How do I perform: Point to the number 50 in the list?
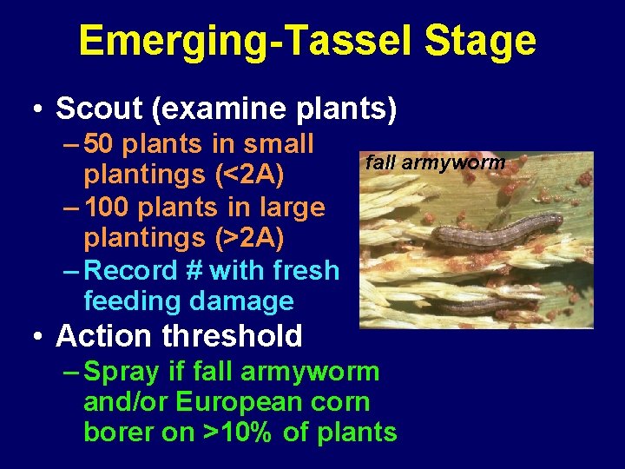point(103,144)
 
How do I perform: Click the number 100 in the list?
point(112,208)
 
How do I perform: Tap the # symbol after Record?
point(194,270)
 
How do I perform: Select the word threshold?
point(232,335)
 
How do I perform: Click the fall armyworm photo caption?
point(435,162)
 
